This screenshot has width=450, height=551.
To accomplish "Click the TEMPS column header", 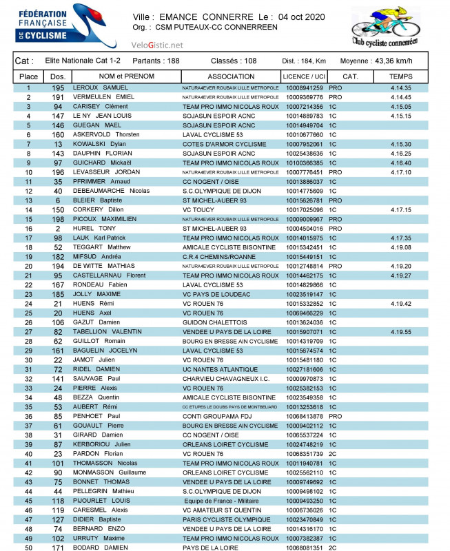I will (x=400, y=76).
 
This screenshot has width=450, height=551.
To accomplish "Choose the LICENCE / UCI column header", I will (x=305, y=76).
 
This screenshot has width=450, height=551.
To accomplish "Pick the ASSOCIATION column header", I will (x=231, y=76).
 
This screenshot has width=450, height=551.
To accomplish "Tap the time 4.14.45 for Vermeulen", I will (x=400, y=98).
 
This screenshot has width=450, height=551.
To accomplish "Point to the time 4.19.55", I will (x=400, y=332).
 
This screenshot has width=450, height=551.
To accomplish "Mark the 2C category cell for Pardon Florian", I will (x=334, y=454).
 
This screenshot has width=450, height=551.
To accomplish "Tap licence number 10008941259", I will (x=304, y=88).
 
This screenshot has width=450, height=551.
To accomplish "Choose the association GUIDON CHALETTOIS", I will (x=216, y=322).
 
